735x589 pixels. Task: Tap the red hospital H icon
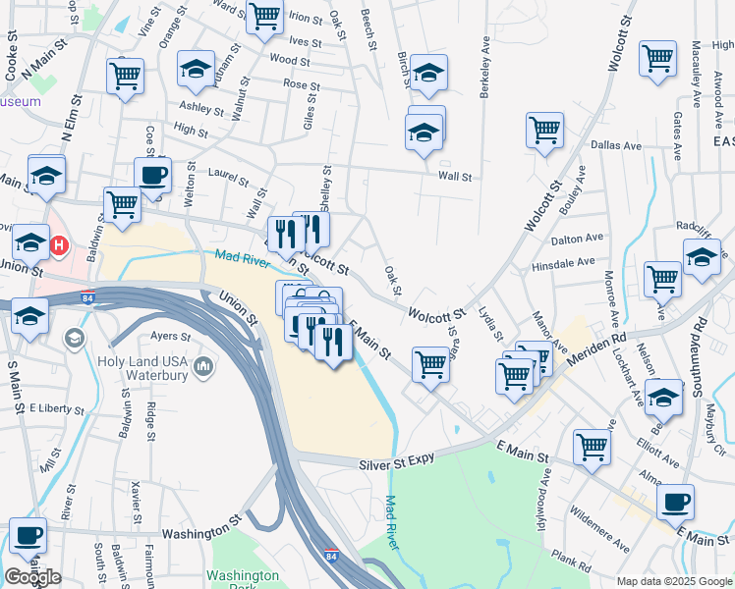point(59,244)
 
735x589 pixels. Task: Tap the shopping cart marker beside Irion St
point(264,17)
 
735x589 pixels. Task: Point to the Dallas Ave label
point(616,145)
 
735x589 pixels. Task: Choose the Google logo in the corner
point(33,577)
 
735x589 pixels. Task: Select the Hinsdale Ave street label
point(563,263)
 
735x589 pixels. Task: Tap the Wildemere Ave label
point(600,530)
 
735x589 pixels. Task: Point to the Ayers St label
point(170,335)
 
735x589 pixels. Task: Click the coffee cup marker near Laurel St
point(152,177)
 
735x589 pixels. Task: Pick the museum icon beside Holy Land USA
point(203,367)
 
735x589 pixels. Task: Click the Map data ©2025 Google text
point(673,581)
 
